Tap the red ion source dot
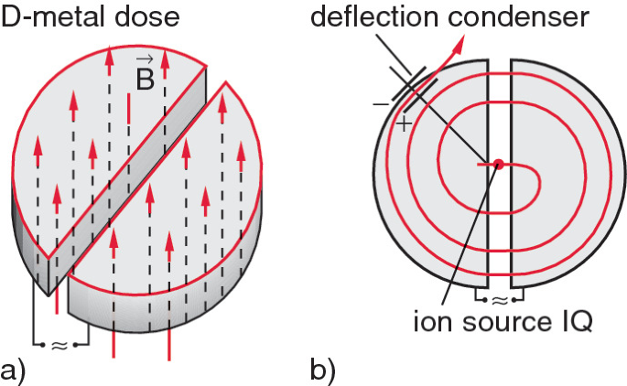point(498,165)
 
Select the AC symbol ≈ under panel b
point(500,298)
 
